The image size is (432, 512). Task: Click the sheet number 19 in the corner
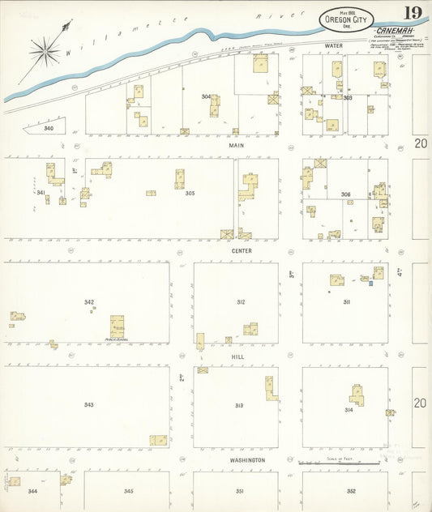point(412,13)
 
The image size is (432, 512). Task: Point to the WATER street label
point(334,46)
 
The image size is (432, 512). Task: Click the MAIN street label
point(236,146)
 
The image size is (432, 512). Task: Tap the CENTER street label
point(240,250)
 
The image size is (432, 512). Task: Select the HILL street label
point(237,356)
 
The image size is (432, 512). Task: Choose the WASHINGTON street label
point(247,460)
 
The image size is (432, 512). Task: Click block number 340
point(49,128)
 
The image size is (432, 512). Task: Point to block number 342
point(89,301)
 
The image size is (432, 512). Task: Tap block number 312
point(241,301)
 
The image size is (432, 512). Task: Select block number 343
point(88,404)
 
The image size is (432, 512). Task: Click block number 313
point(239,405)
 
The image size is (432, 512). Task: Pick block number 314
point(349,410)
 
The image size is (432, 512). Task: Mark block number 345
point(128,491)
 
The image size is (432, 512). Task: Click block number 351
point(240,491)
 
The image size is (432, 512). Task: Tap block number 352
point(351,491)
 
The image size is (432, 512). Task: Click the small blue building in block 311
point(371,283)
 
